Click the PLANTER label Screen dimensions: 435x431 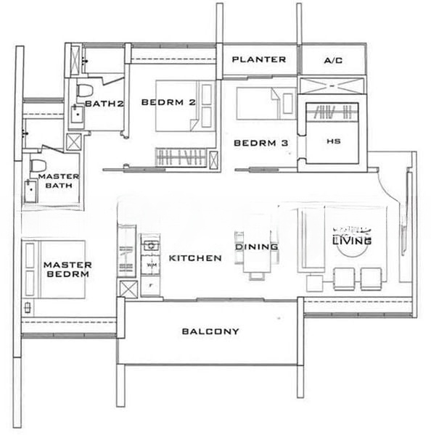pyautogui.click(x=258, y=59)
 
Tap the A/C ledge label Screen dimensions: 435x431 pyautogui.click(x=333, y=60)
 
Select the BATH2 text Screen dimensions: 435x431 pyautogui.click(x=104, y=104)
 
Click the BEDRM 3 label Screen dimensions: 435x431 pyautogui.click(x=260, y=144)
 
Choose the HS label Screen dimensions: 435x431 pyautogui.click(x=334, y=141)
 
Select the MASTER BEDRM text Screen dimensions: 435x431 pyautogui.click(x=65, y=270)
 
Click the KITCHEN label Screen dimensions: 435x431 pyautogui.click(x=195, y=258)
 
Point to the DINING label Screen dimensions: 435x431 pyautogui.click(x=257, y=247)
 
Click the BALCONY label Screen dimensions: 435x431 pyautogui.click(x=210, y=331)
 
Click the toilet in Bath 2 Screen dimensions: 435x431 pyautogui.click(x=85, y=91)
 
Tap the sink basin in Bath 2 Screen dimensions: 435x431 pyautogui.click(x=78, y=112)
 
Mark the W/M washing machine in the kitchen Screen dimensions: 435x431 pyautogui.click(x=152, y=265)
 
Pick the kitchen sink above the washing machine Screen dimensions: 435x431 pyautogui.click(x=150, y=245)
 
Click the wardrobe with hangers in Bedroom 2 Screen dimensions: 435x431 pyautogui.click(x=185, y=157)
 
